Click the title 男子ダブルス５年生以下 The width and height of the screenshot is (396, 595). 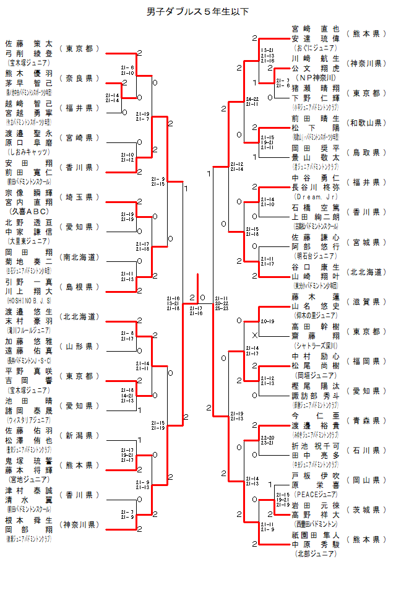click(x=197, y=11)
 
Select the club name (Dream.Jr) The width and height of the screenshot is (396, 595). click(x=316, y=196)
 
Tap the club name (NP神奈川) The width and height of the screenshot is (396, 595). click(x=316, y=77)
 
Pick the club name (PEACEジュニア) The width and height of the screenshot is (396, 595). click(x=316, y=494)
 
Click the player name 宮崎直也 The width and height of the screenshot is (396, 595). click(x=316, y=29)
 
